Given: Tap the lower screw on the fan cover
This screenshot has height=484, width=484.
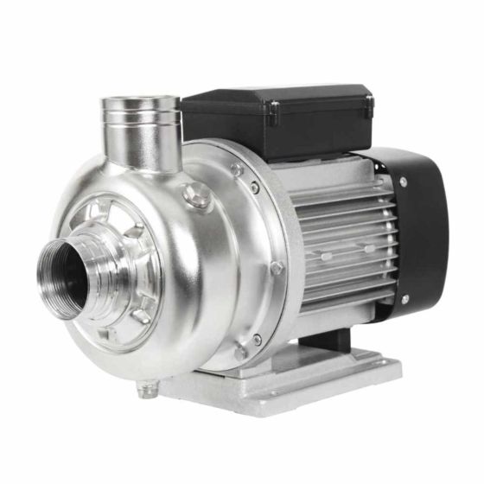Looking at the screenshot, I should (x=405, y=300).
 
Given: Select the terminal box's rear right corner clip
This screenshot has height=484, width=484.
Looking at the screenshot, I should (x=370, y=101).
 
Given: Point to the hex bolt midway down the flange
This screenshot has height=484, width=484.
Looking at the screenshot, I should (x=277, y=269).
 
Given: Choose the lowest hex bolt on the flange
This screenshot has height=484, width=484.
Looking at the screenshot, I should (x=239, y=353).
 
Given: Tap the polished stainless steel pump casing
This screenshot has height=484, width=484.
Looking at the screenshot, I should (x=190, y=285).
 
